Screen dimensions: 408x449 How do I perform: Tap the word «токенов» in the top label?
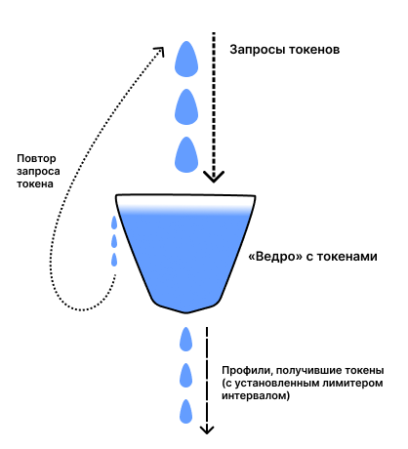pos(314,50)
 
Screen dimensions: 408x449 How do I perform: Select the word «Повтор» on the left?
pos(36,159)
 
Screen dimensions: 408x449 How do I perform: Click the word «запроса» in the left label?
pos(38,172)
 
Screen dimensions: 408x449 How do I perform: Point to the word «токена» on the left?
pos(35,184)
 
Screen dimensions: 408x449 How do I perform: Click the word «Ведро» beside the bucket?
pos(275,257)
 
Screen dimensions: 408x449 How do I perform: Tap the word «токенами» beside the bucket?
pos(347,257)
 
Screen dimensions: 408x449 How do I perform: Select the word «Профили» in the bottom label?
pos(246,371)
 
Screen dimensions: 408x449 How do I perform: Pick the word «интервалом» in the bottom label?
pos(256,396)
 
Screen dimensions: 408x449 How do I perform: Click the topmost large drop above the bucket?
pos(186,59)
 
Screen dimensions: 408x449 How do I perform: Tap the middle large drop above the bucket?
pos(186,107)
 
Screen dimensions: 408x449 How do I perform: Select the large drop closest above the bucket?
pos(186,155)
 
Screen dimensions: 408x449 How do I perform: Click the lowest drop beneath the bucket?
pos(185,412)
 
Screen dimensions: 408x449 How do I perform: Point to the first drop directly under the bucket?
pos(185,340)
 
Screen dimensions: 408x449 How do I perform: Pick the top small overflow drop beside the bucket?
pos(114,223)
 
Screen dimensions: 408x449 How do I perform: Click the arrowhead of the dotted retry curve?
pos(159,51)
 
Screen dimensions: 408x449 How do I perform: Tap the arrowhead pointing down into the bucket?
pos(214,177)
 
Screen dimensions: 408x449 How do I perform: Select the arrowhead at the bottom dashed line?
pos(207,430)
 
